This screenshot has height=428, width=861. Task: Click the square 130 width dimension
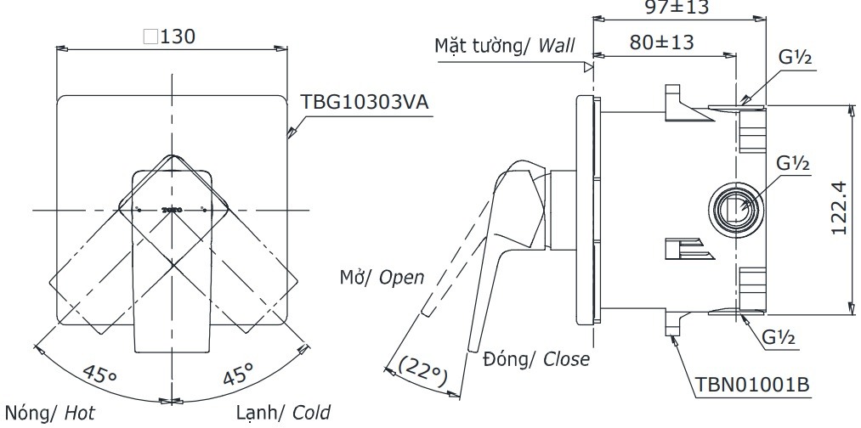pyautogui.click(x=170, y=37)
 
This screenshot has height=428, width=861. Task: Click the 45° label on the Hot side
pyautogui.click(x=101, y=374)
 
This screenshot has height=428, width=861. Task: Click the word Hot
pyautogui.click(x=76, y=413)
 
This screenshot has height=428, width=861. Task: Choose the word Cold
pyautogui.click(x=311, y=413)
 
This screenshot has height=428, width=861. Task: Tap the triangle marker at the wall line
pyautogui.click(x=587, y=65)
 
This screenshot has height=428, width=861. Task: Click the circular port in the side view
pyautogui.click(x=732, y=206)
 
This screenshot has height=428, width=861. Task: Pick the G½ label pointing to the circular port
pyautogui.click(x=791, y=162)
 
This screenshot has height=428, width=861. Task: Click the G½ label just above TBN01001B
pyautogui.click(x=778, y=338)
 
